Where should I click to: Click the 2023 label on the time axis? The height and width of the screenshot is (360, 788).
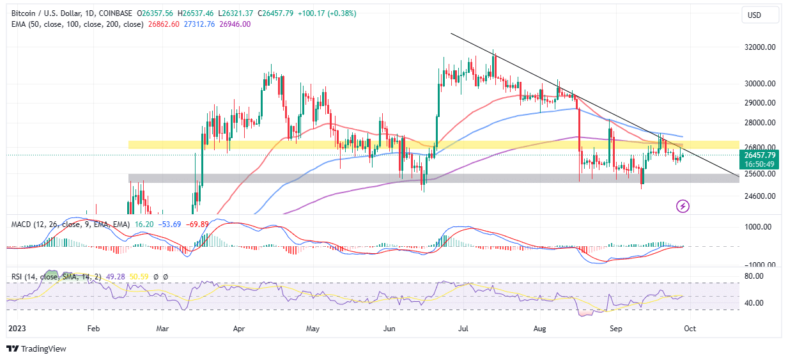coord(15,328)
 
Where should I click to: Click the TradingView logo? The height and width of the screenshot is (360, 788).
coord(36,348)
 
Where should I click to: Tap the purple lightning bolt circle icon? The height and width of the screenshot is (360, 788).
coord(683,206)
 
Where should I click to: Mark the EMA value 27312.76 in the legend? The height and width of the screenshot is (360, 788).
coord(200,24)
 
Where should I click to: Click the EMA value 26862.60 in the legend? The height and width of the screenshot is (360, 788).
coord(164,24)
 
